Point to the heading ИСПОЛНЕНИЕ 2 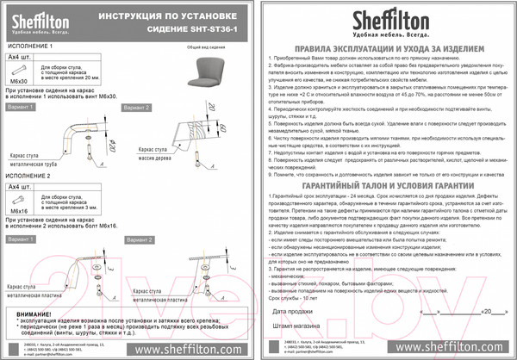30,175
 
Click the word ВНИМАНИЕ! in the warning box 28,315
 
